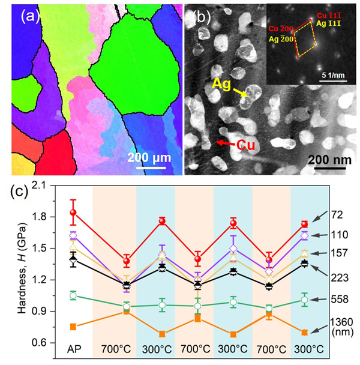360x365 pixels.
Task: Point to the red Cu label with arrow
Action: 247,145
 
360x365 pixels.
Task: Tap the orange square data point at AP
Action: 73,327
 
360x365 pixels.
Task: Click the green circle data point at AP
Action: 73,295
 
